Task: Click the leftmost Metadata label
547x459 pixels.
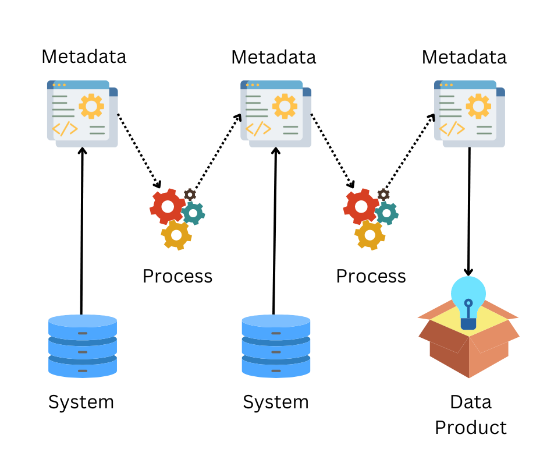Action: pos(84,57)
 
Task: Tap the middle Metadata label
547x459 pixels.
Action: pos(273,57)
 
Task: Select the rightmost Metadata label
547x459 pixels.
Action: pos(464,57)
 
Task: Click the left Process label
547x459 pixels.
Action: pos(177,276)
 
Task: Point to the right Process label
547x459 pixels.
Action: pos(371,276)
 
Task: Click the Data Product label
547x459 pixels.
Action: pos(471,415)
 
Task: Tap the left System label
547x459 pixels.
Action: pos(81,402)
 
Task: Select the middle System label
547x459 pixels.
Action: pos(275,402)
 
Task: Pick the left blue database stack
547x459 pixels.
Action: pos(83,346)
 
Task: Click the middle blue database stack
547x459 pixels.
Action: pos(276,346)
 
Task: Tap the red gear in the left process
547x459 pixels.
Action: pos(168,206)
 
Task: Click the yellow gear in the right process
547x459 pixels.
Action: pos(370,235)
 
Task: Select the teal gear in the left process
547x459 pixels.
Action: pos(193,213)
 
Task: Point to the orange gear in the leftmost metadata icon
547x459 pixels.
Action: pos(91,106)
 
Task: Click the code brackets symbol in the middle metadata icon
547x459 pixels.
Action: pos(258,129)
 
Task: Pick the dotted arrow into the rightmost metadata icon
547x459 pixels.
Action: pos(410,148)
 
